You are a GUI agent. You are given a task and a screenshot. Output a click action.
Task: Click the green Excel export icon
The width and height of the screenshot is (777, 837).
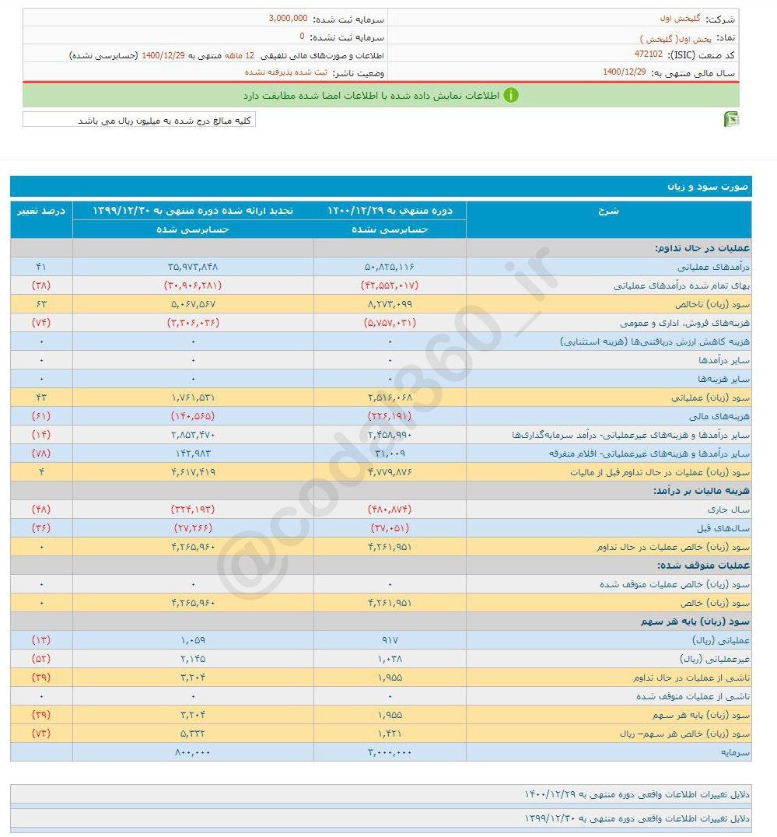[x=731, y=119]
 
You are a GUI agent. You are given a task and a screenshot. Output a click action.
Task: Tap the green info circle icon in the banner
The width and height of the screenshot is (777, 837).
[x=511, y=96]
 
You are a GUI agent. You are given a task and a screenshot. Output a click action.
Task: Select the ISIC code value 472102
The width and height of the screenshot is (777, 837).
[x=648, y=54]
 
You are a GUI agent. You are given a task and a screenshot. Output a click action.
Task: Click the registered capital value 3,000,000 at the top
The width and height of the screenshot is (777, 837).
[x=288, y=18]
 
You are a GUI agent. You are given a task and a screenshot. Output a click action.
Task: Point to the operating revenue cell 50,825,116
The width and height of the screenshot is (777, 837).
[x=390, y=267]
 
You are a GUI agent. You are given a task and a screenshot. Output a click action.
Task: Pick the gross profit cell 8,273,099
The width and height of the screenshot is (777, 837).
[x=390, y=304]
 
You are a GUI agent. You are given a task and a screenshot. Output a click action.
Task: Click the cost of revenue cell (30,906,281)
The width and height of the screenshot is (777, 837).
[x=192, y=285]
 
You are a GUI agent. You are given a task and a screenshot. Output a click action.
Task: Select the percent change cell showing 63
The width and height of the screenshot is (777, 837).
[x=41, y=304]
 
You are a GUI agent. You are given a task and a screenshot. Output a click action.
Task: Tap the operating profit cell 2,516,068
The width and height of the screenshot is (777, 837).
[x=390, y=397]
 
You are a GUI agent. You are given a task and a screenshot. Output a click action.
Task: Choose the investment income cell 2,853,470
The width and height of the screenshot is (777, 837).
[x=192, y=435]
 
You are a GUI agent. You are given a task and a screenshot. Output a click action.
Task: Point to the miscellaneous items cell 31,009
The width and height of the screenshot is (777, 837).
[x=390, y=454]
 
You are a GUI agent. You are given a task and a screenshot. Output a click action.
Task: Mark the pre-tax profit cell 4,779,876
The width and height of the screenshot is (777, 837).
[x=390, y=472]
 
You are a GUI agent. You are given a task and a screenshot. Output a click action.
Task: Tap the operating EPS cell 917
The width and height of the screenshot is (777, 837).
[x=390, y=640]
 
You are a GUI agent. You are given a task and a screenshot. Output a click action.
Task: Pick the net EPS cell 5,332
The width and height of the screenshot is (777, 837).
[x=192, y=734]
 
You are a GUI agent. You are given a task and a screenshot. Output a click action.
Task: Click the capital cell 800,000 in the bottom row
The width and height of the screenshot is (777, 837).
[x=192, y=752]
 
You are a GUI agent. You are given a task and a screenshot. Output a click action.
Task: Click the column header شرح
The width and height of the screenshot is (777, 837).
[x=609, y=210]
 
